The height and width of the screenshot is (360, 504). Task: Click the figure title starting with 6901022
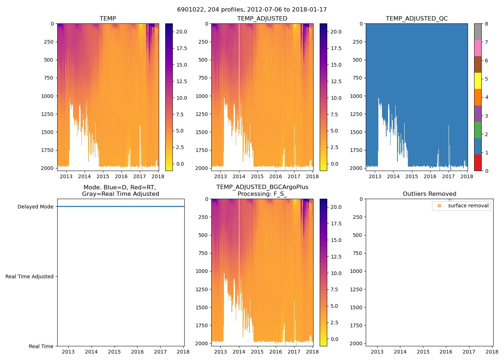[x=252, y=10]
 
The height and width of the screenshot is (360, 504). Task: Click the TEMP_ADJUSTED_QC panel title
[x=417, y=19]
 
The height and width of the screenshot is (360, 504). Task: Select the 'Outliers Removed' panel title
[x=429, y=194]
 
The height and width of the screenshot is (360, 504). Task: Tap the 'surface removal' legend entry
[x=468, y=206]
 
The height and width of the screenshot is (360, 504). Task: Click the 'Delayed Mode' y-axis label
[x=35, y=207]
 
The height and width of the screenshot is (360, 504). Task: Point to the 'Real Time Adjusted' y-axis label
[x=29, y=276]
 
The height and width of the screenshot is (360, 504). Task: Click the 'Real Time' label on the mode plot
[x=41, y=346]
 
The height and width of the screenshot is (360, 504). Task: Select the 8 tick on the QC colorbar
[x=486, y=24]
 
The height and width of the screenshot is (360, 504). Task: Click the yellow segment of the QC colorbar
[x=478, y=81]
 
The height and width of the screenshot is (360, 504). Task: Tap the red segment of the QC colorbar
[x=478, y=163]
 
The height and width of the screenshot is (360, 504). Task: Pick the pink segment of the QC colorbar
[x=478, y=48]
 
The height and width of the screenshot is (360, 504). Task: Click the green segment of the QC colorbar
[x=478, y=130]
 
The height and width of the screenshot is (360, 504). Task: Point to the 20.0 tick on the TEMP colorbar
[x=181, y=32]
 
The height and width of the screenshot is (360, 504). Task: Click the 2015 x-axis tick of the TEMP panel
[x=103, y=176]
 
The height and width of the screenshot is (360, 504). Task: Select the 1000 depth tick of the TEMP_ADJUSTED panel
[x=202, y=96]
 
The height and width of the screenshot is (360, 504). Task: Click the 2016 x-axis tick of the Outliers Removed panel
[x=446, y=352]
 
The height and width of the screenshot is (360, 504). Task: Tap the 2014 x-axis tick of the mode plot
[x=91, y=352]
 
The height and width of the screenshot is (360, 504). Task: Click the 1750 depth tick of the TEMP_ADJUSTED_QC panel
[x=356, y=150]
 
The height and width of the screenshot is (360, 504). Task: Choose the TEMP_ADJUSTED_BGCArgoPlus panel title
[x=262, y=190]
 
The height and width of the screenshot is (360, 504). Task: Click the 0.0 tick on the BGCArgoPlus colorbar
[x=334, y=339]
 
